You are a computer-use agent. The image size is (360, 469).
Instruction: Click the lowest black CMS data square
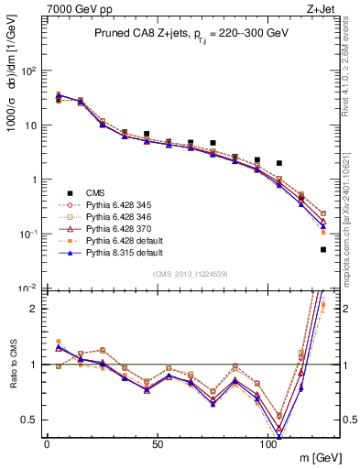(x=323, y=249)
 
